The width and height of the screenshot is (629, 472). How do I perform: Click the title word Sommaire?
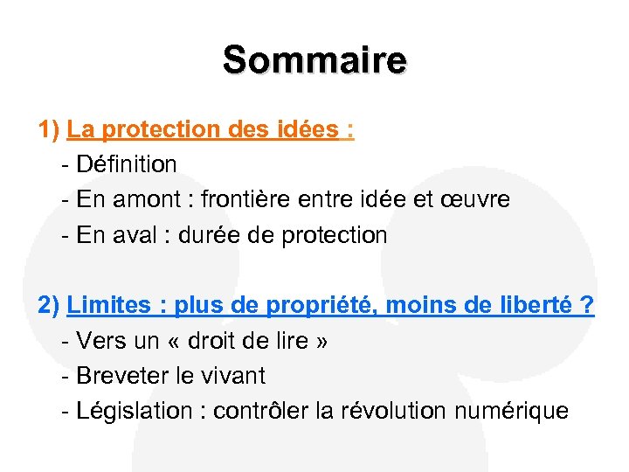coord(314,60)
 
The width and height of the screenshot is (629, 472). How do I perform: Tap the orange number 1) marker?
coord(49,130)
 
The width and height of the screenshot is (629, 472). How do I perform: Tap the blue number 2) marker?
coord(49,306)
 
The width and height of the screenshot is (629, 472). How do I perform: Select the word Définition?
coord(127,164)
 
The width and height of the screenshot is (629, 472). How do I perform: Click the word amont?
coord(149,200)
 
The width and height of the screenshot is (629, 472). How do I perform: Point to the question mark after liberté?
coord(586,306)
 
